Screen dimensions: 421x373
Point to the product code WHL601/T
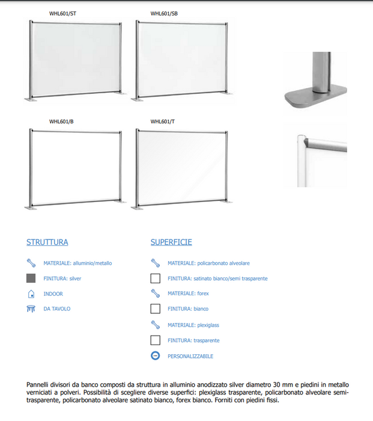pyautogui.click(x=162, y=121)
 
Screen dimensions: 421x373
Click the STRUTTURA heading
pyautogui.click(x=47, y=242)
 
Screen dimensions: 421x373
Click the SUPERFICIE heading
pyautogui.click(x=171, y=242)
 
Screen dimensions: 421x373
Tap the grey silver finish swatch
pyautogui.click(x=31, y=278)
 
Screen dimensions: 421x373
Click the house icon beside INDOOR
pyautogui.click(x=31, y=294)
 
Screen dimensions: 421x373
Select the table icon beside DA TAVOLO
pyautogui.click(x=31, y=309)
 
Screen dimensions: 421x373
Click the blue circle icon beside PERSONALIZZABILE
pyautogui.click(x=155, y=356)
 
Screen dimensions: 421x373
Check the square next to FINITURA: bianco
pyautogui.click(x=155, y=309)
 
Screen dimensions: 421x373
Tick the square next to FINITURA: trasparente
pyautogui.click(x=155, y=340)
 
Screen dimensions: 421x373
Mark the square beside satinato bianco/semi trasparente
pyautogui.click(x=155, y=278)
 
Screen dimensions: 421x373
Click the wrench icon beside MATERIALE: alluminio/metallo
pyautogui.click(x=31, y=263)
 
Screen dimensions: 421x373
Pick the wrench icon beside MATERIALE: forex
pyautogui.click(x=155, y=293)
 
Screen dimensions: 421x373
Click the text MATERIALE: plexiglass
pyautogui.click(x=193, y=325)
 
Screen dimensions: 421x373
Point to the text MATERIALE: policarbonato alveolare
pyautogui.click(x=208, y=263)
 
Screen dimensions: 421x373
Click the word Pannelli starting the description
pyautogui.click(x=38, y=384)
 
